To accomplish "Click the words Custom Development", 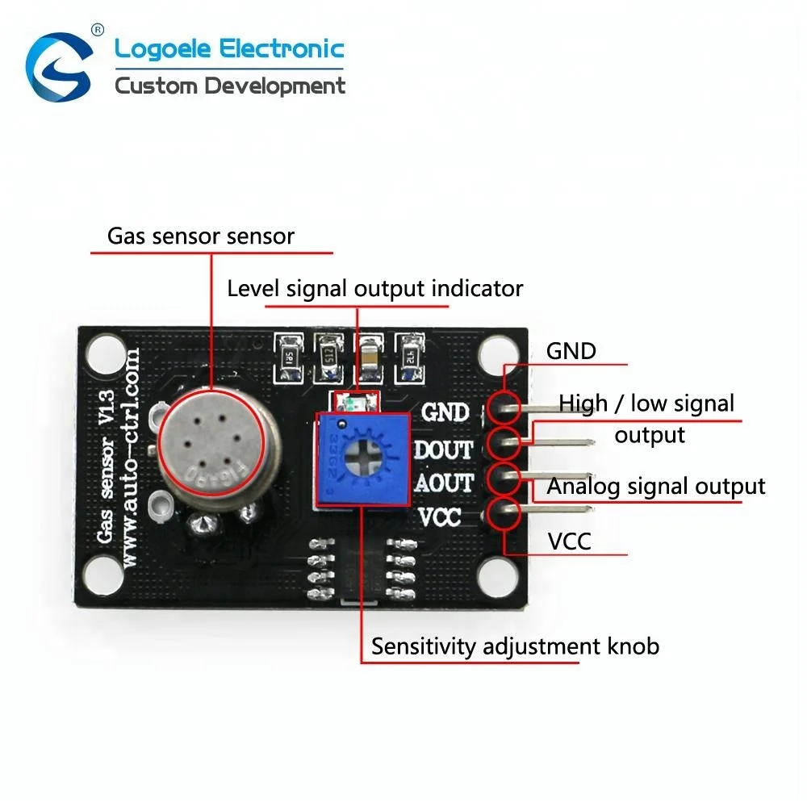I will pos(230,86).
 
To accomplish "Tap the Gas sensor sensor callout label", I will pos(201,236).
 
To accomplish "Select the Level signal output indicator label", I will pos(375,288).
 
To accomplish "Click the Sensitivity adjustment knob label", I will pos(515,646).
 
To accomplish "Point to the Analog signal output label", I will pos(656,486).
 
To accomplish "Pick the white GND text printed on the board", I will pos(445,412).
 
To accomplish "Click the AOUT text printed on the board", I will pos(443,483).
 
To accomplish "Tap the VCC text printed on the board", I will pos(440,516).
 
